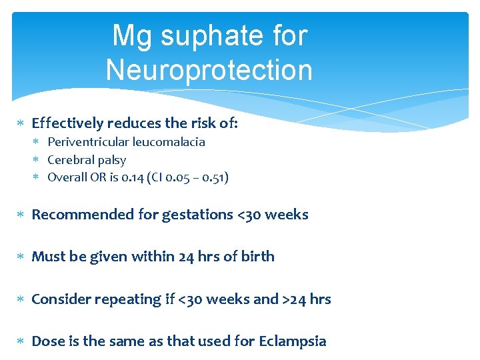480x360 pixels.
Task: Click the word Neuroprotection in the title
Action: tap(209, 69)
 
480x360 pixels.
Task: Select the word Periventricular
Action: tap(89, 142)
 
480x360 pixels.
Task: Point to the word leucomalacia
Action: tap(169, 142)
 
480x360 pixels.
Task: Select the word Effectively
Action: tap(67, 123)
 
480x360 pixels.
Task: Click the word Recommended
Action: tap(74, 215)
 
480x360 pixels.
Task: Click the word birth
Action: tap(257, 257)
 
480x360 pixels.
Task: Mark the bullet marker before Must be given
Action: tap(21, 257)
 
